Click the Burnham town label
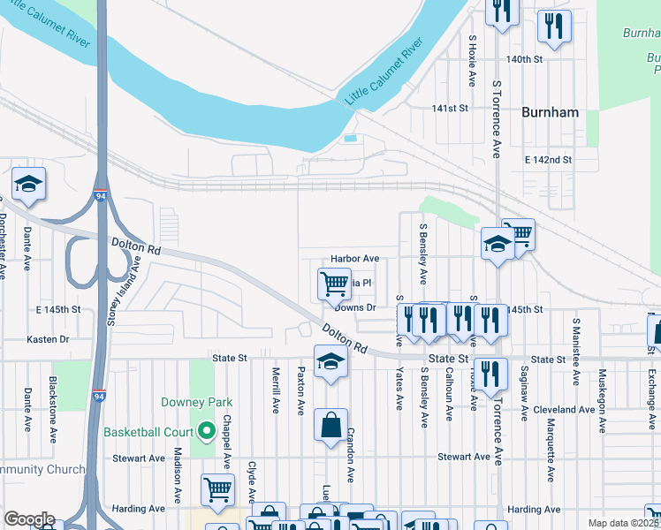tap(550, 112)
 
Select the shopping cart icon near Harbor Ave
tap(334, 284)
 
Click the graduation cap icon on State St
tap(330, 363)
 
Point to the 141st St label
tap(449, 108)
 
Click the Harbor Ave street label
tap(354, 259)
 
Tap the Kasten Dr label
tap(48, 339)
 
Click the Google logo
tap(29, 519)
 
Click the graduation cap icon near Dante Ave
tap(29, 184)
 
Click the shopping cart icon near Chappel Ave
tap(217, 488)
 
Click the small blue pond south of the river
tap(351, 139)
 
